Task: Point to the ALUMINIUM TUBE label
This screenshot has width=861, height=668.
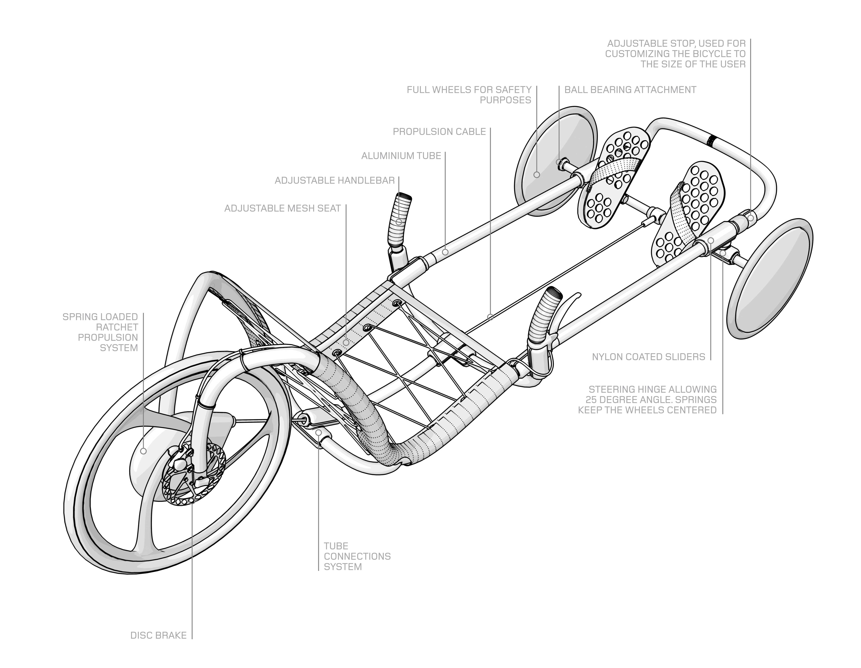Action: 401,156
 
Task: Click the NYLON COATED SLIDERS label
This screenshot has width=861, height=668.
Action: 649,357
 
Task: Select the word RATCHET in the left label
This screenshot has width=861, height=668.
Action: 117,327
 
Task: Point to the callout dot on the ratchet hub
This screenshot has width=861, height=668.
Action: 143,451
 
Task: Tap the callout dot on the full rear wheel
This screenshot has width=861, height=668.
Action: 537,174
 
